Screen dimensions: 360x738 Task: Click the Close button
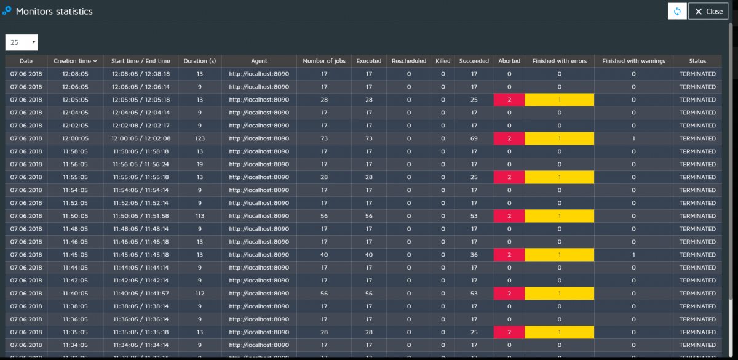pyautogui.click(x=708, y=11)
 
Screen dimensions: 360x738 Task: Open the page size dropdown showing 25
pyautogui.click(x=22, y=42)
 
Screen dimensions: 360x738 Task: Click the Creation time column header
pyautogui.click(x=75, y=61)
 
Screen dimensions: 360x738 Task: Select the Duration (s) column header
pyautogui.click(x=200, y=61)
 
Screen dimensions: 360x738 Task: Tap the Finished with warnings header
pyautogui.click(x=633, y=61)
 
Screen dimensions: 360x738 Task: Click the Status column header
pyautogui.click(x=697, y=61)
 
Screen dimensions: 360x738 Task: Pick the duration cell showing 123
pyautogui.click(x=200, y=138)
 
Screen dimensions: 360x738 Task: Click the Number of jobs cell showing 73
pyautogui.click(x=324, y=138)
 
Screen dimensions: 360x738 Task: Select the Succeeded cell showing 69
pyautogui.click(x=474, y=138)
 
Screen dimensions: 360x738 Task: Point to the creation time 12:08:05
pyautogui.click(x=75, y=74)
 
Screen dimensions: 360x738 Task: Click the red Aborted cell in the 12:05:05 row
pyautogui.click(x=509, y=100)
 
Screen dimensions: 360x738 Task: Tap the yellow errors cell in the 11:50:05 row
pyautogui.click(x=559, y=216)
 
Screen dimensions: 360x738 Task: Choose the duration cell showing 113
pyautogui.click(x=200, y=216)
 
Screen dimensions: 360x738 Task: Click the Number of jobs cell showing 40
pyautogui.click(x=324, y=255)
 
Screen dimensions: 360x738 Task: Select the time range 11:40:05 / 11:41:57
pyautogui.click(x=141, y=294)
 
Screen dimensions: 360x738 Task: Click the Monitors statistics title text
pyautogui.click(x=54, y=11)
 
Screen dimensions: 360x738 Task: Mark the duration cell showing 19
pyautogui.click(x=200, y=164)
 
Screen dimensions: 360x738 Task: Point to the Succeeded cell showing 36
pyautogui.click(x=474, y=255)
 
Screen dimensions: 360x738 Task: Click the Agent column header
pyautogui.click(x=259, y=61)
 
